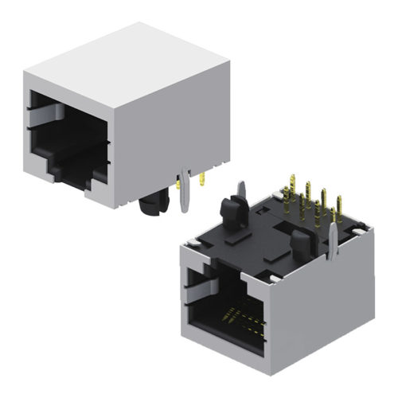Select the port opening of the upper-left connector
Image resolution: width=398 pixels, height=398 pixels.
(x=68, y=143)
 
